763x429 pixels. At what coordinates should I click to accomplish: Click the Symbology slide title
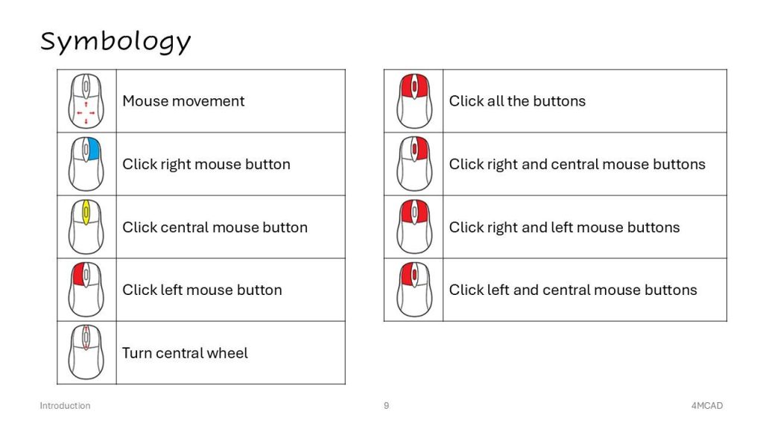click(115, 42)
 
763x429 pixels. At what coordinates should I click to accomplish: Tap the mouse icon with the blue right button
click(86, 164)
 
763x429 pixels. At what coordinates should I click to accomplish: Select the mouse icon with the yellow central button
click(86, 226)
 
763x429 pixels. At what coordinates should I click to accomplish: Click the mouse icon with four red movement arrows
click(86, 101)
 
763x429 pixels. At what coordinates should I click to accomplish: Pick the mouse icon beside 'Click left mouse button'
click(86, 290)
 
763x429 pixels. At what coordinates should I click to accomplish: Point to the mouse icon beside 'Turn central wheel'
click(86, 352)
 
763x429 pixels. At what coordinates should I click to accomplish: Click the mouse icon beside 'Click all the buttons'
click(414, 101)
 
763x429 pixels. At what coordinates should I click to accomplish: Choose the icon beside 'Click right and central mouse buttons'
click(414, 164)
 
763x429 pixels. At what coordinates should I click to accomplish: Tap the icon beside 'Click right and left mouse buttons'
click(414, 226)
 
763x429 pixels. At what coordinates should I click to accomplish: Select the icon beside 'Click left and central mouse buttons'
click(414, 290)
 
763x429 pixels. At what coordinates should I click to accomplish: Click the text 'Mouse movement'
click(183, 101)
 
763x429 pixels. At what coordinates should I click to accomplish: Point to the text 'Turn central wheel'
click(185, 353)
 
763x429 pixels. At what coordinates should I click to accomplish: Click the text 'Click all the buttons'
click(517, 101)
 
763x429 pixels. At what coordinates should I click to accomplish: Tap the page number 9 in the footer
click(387, 406)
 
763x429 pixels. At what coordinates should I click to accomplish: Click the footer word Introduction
click(66, 406)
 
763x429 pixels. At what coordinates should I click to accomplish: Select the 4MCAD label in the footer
click(707, 406)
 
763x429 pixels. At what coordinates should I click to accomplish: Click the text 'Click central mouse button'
click(215, 228)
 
